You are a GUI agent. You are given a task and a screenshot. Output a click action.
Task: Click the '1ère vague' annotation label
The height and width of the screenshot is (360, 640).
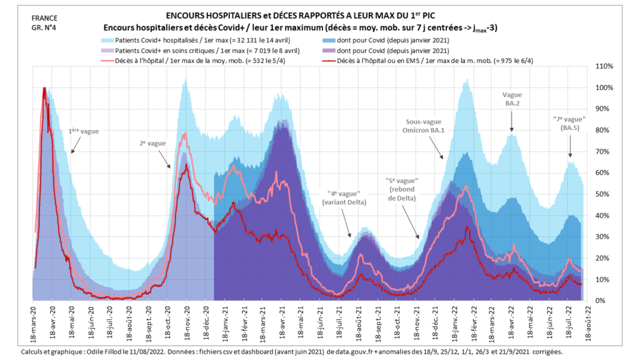tap(84, 132)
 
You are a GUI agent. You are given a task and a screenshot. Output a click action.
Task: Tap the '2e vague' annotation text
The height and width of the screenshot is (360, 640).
tap(152, 143)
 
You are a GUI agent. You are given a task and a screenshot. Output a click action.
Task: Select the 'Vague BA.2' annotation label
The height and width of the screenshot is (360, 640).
tap(511, 99)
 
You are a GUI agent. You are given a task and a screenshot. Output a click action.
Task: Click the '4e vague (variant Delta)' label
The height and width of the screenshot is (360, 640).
tap(342, 198)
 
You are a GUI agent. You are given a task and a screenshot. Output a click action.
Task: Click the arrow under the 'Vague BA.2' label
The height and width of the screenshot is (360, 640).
tap(512, 127)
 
